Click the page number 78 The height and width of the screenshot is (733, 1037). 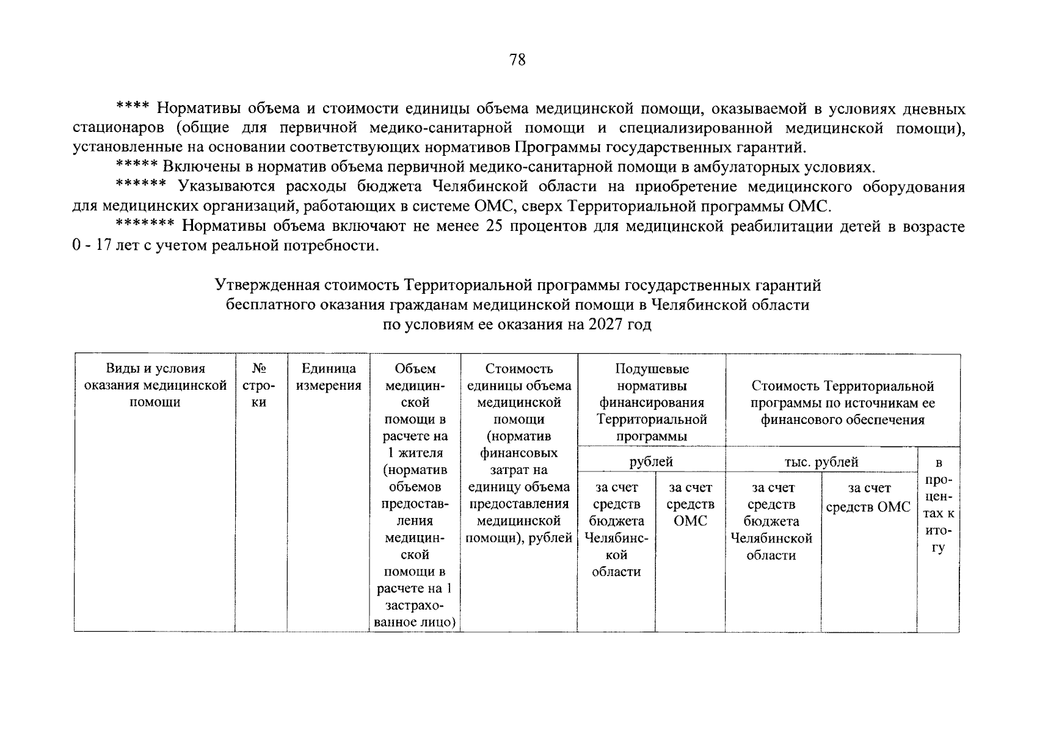[x=517, y=60]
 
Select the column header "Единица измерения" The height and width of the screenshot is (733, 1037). [x=329, y=377]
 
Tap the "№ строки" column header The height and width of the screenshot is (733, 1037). [x=259, y=385]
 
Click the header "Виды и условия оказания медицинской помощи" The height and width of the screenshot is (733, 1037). [x=155, y=385]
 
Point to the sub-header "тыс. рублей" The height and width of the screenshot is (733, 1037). [x=821, y=462]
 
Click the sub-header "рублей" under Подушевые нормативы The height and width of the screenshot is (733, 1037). [x=651, y=462]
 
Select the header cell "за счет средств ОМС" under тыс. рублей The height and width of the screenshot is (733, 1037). [x=868, y=498]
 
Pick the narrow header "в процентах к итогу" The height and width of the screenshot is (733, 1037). [x=938, y=505]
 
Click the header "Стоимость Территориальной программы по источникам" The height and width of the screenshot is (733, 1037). [x=842, y=403]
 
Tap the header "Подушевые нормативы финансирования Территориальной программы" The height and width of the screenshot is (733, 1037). [x=651, y=403]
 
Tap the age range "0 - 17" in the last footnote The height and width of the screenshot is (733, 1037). [x=90, y=246]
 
